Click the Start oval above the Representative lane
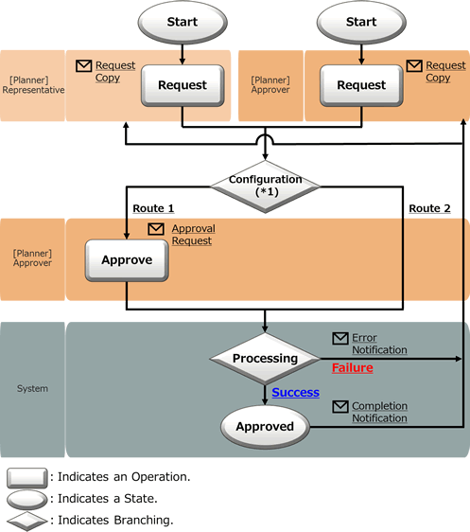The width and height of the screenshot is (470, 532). tap(183, 22)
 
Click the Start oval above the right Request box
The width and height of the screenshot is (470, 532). tap(361, 22)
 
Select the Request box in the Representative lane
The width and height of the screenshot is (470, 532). tap(183, 85)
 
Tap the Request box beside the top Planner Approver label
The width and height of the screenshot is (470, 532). tap(361, 85)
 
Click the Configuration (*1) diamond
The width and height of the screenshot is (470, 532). tap(265, 186)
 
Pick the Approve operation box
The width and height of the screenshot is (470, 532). tap(127, 260)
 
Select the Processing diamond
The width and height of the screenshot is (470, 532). tap(265, 358)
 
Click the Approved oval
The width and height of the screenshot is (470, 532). tap(265, 427)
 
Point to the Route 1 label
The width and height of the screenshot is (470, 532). tap(153, 208)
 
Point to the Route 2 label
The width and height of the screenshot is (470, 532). tap(429, 208)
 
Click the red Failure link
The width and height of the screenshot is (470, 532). tap(353, 368)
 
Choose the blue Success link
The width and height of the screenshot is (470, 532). tap(295, 392)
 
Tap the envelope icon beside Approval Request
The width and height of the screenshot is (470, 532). tap(156, 229)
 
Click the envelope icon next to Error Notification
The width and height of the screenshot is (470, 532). tap(340, 338)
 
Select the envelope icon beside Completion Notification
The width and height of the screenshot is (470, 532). tap(340, 406)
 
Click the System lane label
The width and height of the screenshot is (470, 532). tap(32, 388)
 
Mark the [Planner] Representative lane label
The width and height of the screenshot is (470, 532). tap(33, 85)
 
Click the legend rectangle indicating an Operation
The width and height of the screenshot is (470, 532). tap(27, 478)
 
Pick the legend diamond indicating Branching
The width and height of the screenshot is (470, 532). tap(27, 521)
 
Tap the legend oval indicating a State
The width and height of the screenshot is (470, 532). tap(27, 500)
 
